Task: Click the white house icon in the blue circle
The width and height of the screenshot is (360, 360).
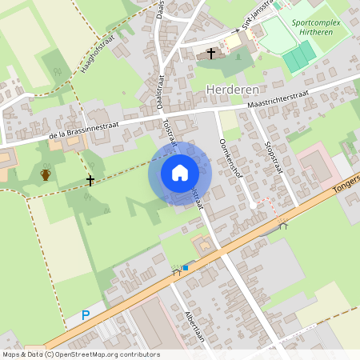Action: tap(179, 173)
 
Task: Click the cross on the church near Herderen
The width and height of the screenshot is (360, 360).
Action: tap(211, 54)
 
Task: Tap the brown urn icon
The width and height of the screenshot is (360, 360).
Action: tap(46, 174)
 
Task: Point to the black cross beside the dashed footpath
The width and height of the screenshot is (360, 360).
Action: tap(90, 180)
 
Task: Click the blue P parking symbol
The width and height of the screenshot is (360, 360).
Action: tap(86, 316)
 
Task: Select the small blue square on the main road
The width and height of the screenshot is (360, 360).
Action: tap(186, 267)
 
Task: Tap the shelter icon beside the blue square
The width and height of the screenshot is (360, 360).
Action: tap(176, 272)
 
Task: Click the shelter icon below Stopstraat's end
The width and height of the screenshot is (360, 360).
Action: tap(282, 226)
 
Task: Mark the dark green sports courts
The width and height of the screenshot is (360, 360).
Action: tap(298, 55)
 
